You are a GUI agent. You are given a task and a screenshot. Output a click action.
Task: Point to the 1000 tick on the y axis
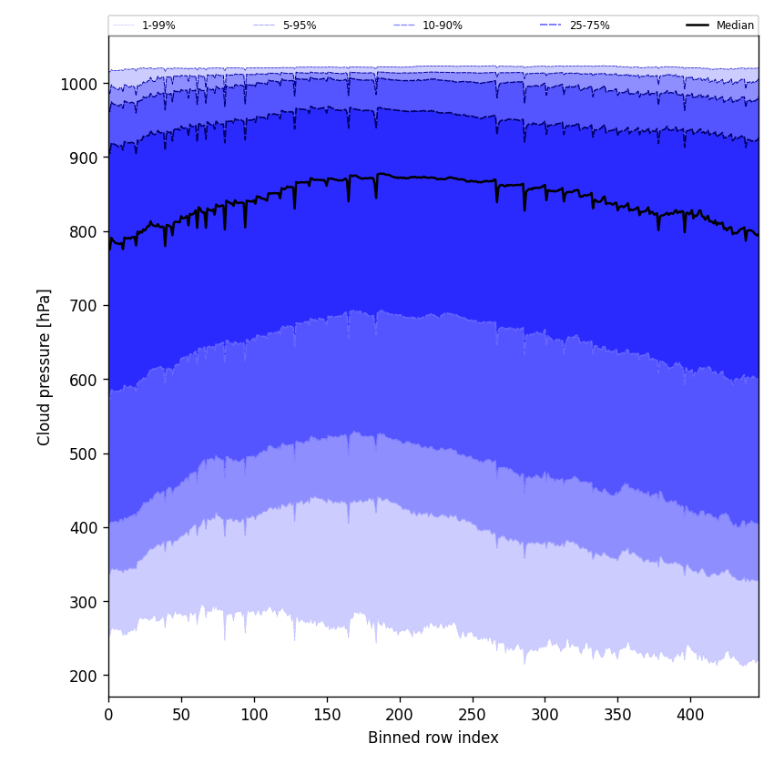[x=80, y=84]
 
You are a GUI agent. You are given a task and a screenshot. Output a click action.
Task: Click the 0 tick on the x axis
[x=108, y=715]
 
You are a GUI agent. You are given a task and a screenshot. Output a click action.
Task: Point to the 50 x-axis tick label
[x=181, y=715]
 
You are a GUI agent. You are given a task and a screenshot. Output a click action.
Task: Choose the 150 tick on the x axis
[x=327, y=715]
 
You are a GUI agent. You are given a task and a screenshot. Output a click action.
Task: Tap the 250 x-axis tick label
[x=472, y=715]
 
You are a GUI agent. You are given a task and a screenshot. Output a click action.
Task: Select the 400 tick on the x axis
[x=690, y=715]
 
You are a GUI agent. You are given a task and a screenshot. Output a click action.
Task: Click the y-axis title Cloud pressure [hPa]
[x=45, y=367]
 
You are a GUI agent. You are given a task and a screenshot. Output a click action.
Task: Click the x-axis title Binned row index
[x=433, y=738]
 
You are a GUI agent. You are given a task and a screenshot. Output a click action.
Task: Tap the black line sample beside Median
[x=698, y=25]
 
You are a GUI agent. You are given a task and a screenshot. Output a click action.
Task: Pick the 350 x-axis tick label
[x=617, y=715]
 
